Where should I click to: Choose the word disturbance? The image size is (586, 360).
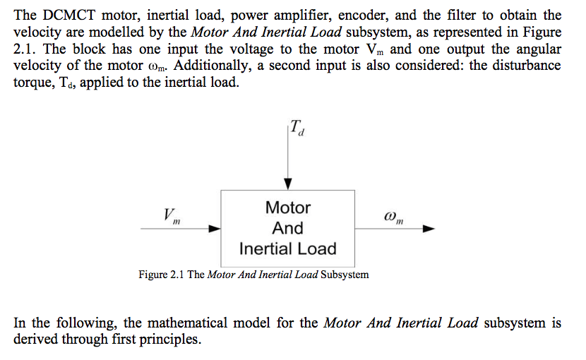coord(522,67)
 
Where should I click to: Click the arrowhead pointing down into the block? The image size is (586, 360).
coord(288,184)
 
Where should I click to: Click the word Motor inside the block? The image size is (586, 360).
coord(288,208)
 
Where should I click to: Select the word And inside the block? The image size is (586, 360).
coord(288,228)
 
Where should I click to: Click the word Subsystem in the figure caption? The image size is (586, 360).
coord(345,275)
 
